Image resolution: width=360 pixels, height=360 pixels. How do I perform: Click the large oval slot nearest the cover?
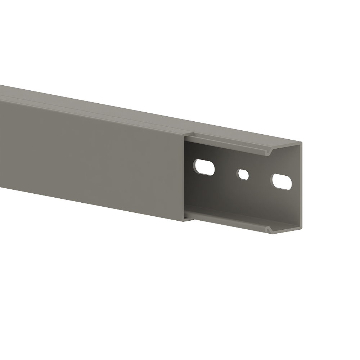204,167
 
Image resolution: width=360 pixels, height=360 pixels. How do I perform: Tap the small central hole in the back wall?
243,175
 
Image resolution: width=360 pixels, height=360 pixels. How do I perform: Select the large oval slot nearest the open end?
282,181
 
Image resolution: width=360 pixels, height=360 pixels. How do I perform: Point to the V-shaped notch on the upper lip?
268,153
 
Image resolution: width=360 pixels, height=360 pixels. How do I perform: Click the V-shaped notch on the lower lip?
268,229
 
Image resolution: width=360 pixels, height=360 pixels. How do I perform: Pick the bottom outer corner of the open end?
301,228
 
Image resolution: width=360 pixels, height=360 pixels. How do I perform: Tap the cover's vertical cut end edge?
184,176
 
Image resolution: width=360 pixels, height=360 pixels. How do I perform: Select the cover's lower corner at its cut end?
184,220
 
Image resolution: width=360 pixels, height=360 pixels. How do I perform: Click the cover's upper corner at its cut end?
184,135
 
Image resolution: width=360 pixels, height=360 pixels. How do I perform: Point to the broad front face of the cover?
90,155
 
